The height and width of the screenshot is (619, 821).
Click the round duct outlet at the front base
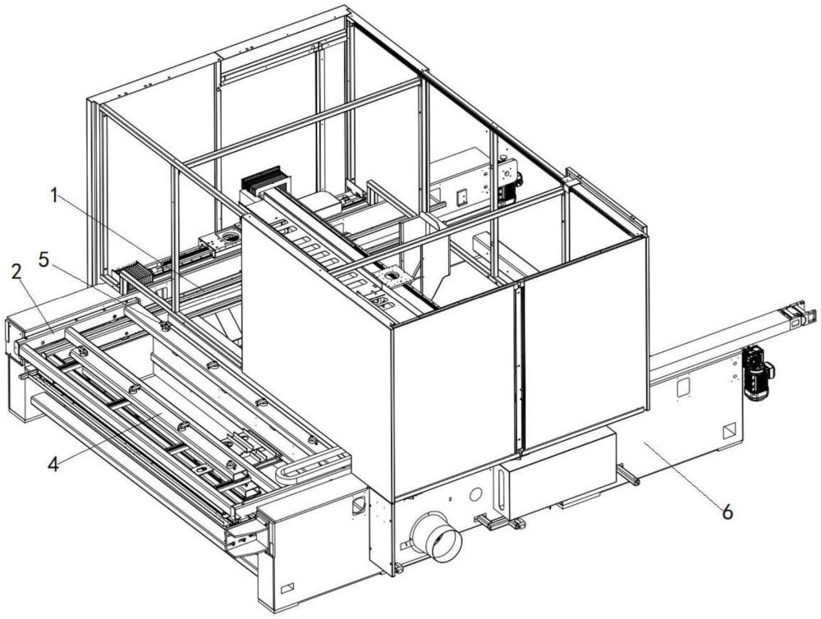click(436, 539)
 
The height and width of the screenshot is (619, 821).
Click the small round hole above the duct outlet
click(474, 495)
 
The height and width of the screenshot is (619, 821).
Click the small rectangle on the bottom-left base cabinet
click(287, 588)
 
